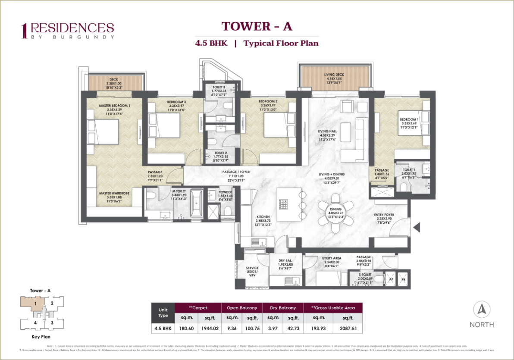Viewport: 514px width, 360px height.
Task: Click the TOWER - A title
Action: [x=257, y=26]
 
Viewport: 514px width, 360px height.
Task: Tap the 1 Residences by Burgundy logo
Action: [x=68, y=30]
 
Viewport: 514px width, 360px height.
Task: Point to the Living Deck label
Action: [x=334, y=77]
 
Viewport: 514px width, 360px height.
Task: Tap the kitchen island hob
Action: [x=283, y=203]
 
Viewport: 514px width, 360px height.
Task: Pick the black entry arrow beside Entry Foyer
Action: [x=417, y=227]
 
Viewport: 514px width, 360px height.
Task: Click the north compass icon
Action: [x=481, y=310]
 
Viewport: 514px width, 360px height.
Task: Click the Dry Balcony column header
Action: [x=283, y=308]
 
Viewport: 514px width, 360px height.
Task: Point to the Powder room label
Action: [x=225, y=194]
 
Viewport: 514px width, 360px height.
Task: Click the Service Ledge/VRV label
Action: [x=252, y=271]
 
